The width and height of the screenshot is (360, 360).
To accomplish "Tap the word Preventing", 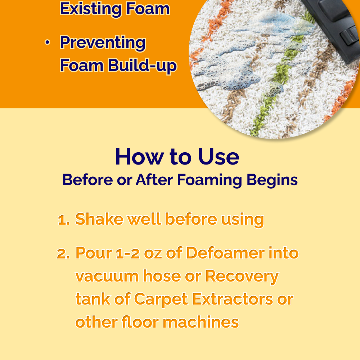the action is (x=103, y=43).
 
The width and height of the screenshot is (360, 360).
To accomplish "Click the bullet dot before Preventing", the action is (x=47, y=42).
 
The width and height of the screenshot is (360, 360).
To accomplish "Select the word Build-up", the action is (x=142, y=66).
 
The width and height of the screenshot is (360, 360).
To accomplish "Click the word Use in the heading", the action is (x=219, y=157).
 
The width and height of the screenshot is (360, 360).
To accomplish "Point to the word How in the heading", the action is (x=139, y=157).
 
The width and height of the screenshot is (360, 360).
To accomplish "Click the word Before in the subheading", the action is (x=87, y=180).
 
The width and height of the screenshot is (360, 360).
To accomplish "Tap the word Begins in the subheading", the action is (x=272, y=180).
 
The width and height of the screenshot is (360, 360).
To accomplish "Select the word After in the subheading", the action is (x=154, y=180).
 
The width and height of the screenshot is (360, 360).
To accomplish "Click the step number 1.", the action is (x=63, y=220).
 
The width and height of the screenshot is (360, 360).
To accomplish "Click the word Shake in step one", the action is (x=99, y=219).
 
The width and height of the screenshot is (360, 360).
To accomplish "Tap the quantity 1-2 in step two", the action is (x=128, y=253).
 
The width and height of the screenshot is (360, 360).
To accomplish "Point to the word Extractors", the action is (x=233, y=300).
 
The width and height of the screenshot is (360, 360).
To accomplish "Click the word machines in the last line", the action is (x=201, y=322).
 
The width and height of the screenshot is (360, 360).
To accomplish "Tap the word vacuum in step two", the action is (x=107, y=276).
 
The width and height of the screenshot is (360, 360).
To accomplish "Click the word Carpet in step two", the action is (x=161, y=300).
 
